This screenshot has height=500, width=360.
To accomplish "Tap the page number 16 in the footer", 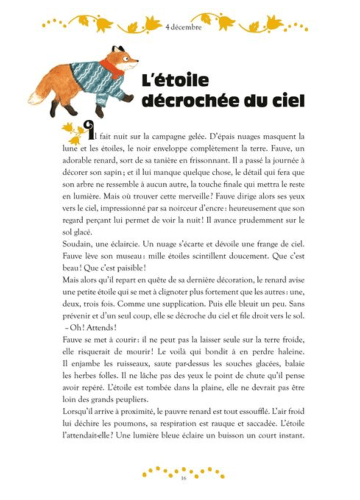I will [x=183, y=478].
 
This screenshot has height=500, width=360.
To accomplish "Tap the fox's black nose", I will [x=137, y=61].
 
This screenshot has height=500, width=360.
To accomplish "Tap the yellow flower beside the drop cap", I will [x=70, y=131].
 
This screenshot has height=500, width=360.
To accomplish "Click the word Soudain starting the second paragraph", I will [x=76, y=243].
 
